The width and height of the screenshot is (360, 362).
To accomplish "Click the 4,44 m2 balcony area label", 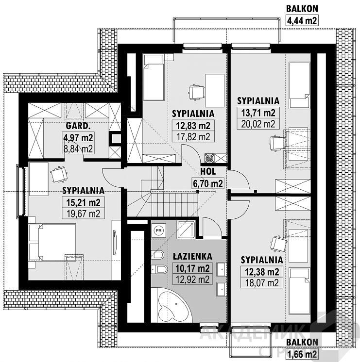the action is point(302,20).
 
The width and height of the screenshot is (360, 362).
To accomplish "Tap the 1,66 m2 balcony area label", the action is point(302,354).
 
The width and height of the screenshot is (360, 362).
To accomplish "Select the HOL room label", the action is point(208,171).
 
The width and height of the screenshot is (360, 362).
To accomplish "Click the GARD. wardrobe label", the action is point(78,126).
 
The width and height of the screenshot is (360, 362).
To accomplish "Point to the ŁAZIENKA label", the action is point(192,256).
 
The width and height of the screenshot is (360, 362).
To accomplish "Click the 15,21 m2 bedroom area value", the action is point(83,202).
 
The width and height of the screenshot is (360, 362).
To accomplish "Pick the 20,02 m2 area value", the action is point(258,124).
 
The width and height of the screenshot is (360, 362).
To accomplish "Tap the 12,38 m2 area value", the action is point(262,272).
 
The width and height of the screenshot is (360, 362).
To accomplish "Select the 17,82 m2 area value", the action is point(193,137).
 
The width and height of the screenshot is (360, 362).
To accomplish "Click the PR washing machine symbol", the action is point(158,230).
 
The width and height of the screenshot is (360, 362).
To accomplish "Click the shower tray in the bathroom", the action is point(186,230).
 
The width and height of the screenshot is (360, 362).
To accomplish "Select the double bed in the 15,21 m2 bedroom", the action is point(52,242).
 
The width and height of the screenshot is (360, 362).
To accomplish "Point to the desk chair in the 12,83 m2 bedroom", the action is point(196,93).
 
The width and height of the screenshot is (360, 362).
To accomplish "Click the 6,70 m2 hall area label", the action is point(208,183).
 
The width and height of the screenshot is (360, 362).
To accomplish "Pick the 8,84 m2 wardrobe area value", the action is point(78,149).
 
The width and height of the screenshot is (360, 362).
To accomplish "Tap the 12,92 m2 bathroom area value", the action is point(192,280).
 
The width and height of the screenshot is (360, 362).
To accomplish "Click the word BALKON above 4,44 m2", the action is point(302,9).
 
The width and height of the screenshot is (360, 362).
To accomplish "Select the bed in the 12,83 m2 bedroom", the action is point(154,77).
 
